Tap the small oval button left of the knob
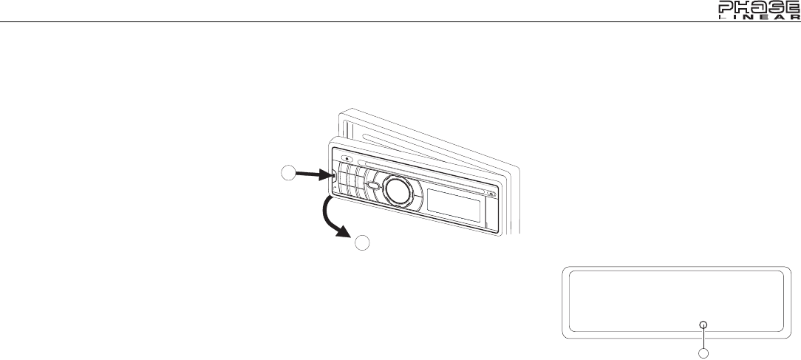pyautogui.click(x=375, y=186)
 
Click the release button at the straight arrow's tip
pyautogui.click(x=334, y=177)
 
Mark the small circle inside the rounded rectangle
pyautogui.click(x=703, y=325)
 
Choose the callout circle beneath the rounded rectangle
pyautogui.click(x=703, y=353)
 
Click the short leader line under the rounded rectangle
pyautogui.click(x=703, y=337)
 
